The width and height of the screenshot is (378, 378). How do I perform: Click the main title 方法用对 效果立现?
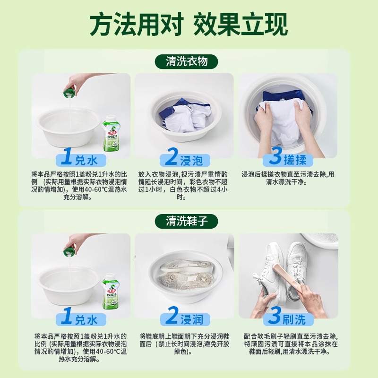point(189,24)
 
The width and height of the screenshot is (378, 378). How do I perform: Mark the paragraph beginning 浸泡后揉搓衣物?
point(288,178)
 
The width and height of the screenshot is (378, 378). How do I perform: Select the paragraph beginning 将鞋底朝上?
point(184,344)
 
